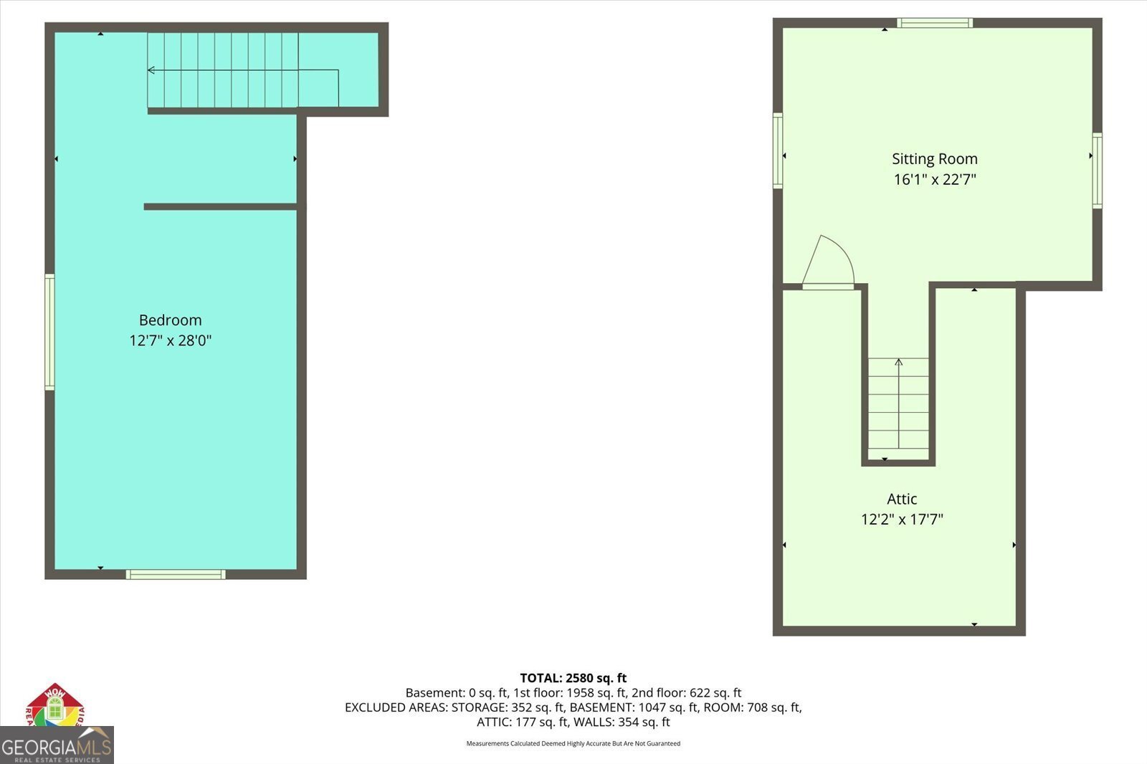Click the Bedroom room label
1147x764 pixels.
pos(170,320)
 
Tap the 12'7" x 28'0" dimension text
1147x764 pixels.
pos(170,340)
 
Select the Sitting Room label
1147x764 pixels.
pos(934,159)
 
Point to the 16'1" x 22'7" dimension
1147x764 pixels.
pos(934,179)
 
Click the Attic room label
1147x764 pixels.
pos(901,499)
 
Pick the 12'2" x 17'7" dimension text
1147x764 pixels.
pos(901,519)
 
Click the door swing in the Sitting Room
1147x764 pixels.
pos(829,263)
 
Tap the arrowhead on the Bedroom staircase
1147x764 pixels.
pos(151,70)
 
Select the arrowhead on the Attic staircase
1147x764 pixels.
pos(898,362)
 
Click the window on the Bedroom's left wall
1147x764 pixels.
pos(49,332)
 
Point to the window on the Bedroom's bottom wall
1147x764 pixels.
pos(176,574)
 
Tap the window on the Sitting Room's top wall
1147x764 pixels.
pos(935,23)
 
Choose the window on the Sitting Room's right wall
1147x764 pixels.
pos(1097,171)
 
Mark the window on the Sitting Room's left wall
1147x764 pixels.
pos(778,151)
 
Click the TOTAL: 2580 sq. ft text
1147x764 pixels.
pos(573,678)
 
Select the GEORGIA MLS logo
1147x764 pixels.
pos(57,746)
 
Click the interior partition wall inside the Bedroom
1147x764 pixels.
pos(220,207)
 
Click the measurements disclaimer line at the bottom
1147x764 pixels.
pos(573,743)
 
